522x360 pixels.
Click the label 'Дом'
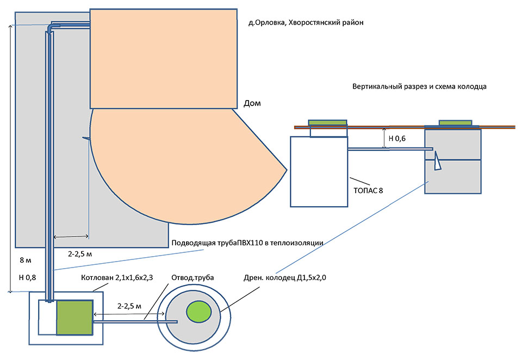[x=252, y=103]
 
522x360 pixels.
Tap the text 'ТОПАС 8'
[x=368, y=190]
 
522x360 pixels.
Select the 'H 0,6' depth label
[x=397, y=139]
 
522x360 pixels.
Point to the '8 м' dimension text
[x=26, y=260]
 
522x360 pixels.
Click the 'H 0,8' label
[x=27, y=277]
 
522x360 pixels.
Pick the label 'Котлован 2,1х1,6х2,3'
[x=117, y=277]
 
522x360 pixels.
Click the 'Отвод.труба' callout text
[x=192, y=277]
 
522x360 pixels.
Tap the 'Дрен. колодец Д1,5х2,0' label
[x=284, y=277]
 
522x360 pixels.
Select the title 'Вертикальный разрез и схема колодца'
[x=419, y=86]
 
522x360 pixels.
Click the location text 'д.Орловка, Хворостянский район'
[x=306, y=23]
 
